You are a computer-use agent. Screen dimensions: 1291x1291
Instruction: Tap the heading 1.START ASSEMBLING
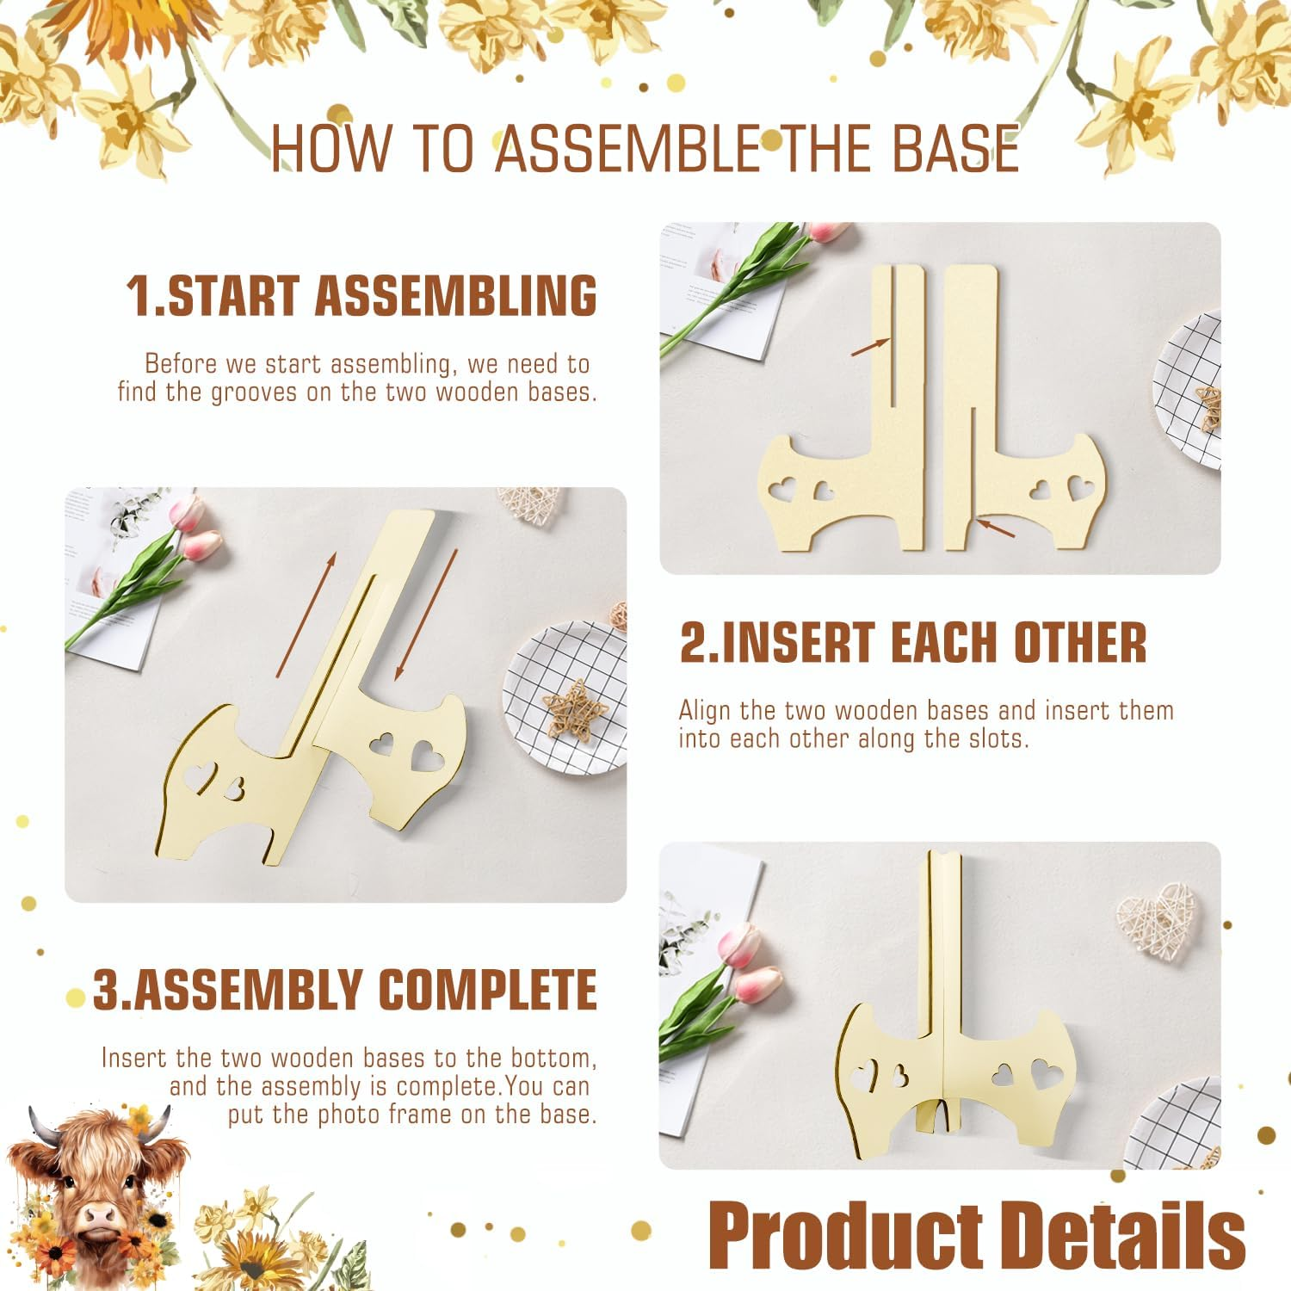[x=361, y=295]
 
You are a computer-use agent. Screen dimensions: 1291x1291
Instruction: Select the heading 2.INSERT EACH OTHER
[x=913, y=642]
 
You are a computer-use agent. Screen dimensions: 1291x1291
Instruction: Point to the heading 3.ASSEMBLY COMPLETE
[x=344, y=989]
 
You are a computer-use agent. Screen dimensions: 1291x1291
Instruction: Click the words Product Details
[x=978, y=1234]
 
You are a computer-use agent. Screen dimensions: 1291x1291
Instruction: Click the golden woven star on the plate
[x=575, y=709]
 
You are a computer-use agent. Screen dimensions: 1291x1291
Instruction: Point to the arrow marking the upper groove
[x=870, y=346]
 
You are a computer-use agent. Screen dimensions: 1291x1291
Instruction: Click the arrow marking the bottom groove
[x=996, y=526]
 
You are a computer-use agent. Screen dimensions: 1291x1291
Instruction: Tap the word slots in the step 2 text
[x=998, y=738]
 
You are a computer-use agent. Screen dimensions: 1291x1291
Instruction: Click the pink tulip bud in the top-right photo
[x=829, y=230]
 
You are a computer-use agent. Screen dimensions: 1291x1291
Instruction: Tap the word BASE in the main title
[x=955, y=148]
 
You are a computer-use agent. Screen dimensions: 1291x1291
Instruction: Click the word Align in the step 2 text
[x=705, y=711]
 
